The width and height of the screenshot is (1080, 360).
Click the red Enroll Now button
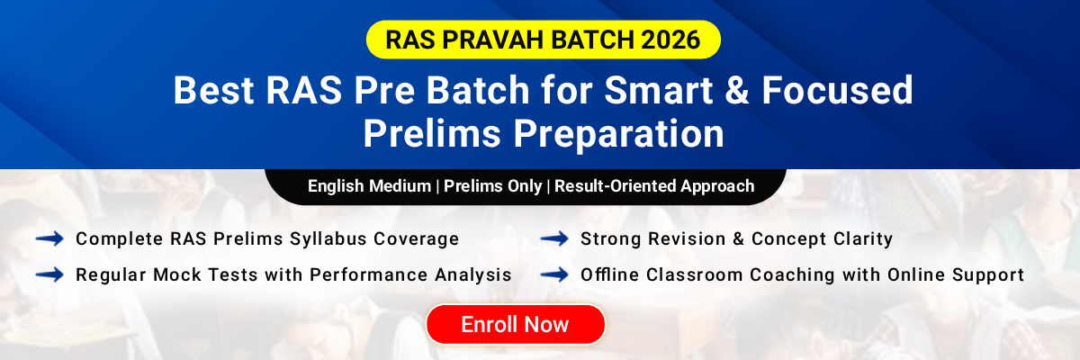click(515, 324)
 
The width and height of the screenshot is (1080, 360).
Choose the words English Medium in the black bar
click(369, 186)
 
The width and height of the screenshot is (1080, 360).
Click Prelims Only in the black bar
click(492, 186)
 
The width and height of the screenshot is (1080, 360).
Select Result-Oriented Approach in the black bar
click(654, 186)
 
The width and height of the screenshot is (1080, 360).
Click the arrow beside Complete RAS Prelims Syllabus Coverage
click(49, 238)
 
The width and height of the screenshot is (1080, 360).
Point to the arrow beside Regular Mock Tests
click(49, 274)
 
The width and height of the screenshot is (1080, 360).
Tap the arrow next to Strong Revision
click(553, 238)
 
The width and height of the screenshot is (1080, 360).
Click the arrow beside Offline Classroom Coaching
click(553, 274)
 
